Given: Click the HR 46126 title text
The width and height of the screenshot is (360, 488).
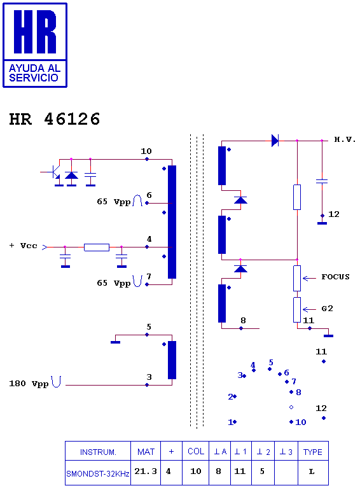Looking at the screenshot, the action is coord(55,119).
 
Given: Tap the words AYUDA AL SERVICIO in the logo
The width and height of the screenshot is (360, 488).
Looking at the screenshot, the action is coord(34,73).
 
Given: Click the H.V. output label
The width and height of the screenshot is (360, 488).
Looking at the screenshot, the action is coord(345,139).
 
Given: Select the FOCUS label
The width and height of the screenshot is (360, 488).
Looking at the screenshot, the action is coord(335,277).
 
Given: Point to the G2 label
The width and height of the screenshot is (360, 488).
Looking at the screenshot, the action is coord(328,309).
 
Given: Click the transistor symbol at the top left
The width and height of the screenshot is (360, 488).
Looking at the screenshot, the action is coord(55,172).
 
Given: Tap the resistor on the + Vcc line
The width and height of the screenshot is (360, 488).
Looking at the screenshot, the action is coord(97,247).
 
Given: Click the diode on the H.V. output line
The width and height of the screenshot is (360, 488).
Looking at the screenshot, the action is coord(275,141).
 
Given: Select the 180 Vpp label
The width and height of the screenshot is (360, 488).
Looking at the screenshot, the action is coord(29,384).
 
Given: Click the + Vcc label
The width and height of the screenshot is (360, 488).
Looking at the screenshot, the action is coord(24,246).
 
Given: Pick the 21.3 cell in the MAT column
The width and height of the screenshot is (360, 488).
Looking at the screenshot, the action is coord(146,471).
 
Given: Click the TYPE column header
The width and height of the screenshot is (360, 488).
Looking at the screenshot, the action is coord(313,452).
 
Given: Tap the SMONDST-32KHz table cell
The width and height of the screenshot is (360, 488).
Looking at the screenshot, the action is coord(98,473).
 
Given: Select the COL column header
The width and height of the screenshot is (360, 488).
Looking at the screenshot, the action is coord(196,451).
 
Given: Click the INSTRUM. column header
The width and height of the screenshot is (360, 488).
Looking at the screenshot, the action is coord(98,452).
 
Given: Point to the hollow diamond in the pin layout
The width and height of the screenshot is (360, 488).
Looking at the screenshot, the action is coord(291,407).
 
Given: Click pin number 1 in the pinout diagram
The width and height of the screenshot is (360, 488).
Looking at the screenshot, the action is coord(230,422).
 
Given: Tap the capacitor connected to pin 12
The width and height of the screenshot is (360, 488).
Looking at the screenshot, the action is coord(322,181).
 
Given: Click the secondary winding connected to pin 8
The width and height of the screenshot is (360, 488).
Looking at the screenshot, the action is coord(222,303).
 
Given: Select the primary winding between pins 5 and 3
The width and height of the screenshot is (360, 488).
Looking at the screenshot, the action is coord(172,360).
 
